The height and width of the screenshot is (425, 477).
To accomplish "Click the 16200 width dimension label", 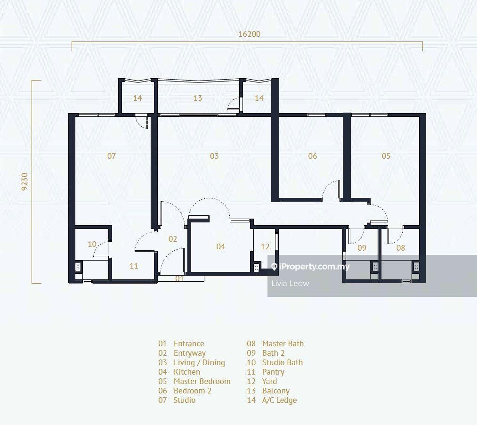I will point(249,34).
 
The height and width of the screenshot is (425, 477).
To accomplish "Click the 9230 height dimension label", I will point(25,181).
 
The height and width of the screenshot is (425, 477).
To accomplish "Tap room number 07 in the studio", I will point(111,156).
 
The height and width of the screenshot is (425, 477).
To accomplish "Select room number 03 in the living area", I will point(214,156).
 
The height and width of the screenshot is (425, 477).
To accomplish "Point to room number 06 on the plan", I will point(313,156).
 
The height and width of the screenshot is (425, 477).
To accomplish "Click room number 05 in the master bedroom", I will point(386,156).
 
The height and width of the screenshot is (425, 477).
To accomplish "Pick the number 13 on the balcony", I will point(198,98).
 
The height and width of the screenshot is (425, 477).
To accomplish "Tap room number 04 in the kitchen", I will point(220,246).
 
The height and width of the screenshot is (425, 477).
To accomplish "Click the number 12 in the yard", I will point(265,246).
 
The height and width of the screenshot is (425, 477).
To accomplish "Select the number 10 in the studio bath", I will point(92,244).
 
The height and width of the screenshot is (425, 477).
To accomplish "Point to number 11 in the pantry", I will point(134,266).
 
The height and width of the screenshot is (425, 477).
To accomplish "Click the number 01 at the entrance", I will point(179,278).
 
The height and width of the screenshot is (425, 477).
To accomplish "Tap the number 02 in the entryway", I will point(173,239).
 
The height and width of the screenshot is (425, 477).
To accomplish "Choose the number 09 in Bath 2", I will point(362,247).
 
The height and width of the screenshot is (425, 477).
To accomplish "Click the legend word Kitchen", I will point(187,372).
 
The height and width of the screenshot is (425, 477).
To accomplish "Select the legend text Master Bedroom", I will point(202,381).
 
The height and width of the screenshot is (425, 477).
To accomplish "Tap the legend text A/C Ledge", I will point(279,400).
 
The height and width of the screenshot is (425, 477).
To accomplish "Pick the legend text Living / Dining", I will point(199,362).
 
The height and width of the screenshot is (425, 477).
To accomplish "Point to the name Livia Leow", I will point(290,283).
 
